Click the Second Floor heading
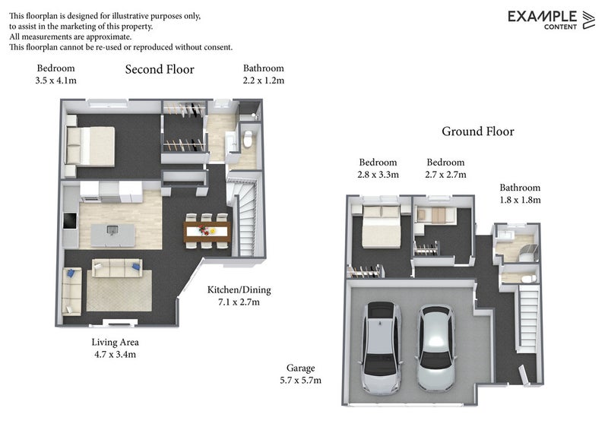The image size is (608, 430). tap(160, 69)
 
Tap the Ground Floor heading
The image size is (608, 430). tap(478, 131)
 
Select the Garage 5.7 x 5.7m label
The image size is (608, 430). tap(300, 375)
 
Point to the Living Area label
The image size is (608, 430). tap(116, 343)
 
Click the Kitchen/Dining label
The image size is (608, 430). tap(239, 290)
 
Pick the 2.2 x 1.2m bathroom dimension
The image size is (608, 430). tap(264, 81)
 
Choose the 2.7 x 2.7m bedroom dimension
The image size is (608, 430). tap(445, 175)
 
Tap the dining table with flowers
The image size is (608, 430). tap(207, 232)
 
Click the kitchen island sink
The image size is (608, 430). tap(112, 230)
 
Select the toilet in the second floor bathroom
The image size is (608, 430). tap(248, 139)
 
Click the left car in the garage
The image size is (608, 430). tap(382, 348)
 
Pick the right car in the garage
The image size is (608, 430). tap(435, 348)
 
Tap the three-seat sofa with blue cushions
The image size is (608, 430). tap(117, 268)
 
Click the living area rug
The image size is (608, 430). tap(119, 291)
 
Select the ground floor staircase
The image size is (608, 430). tap(528, 316)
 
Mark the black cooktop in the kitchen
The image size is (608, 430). tap(70, 220)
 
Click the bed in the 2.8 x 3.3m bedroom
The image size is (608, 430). tap(381, 227)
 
